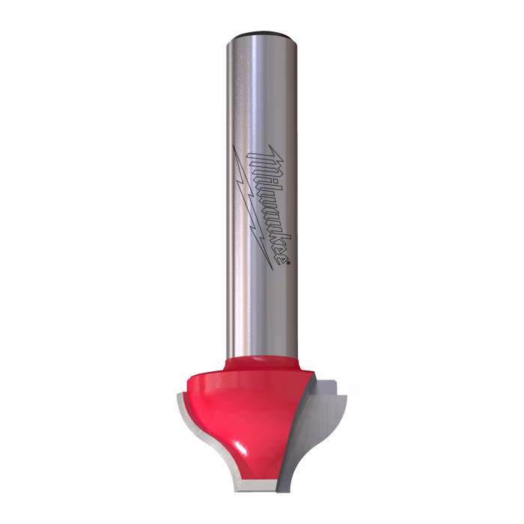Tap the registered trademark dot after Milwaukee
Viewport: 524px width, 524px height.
click(288, 263)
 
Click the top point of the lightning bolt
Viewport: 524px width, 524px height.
click(233, 145)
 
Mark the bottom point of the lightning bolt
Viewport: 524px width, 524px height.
click(272, 269)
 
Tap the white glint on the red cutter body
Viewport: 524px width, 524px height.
click(242, 448)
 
